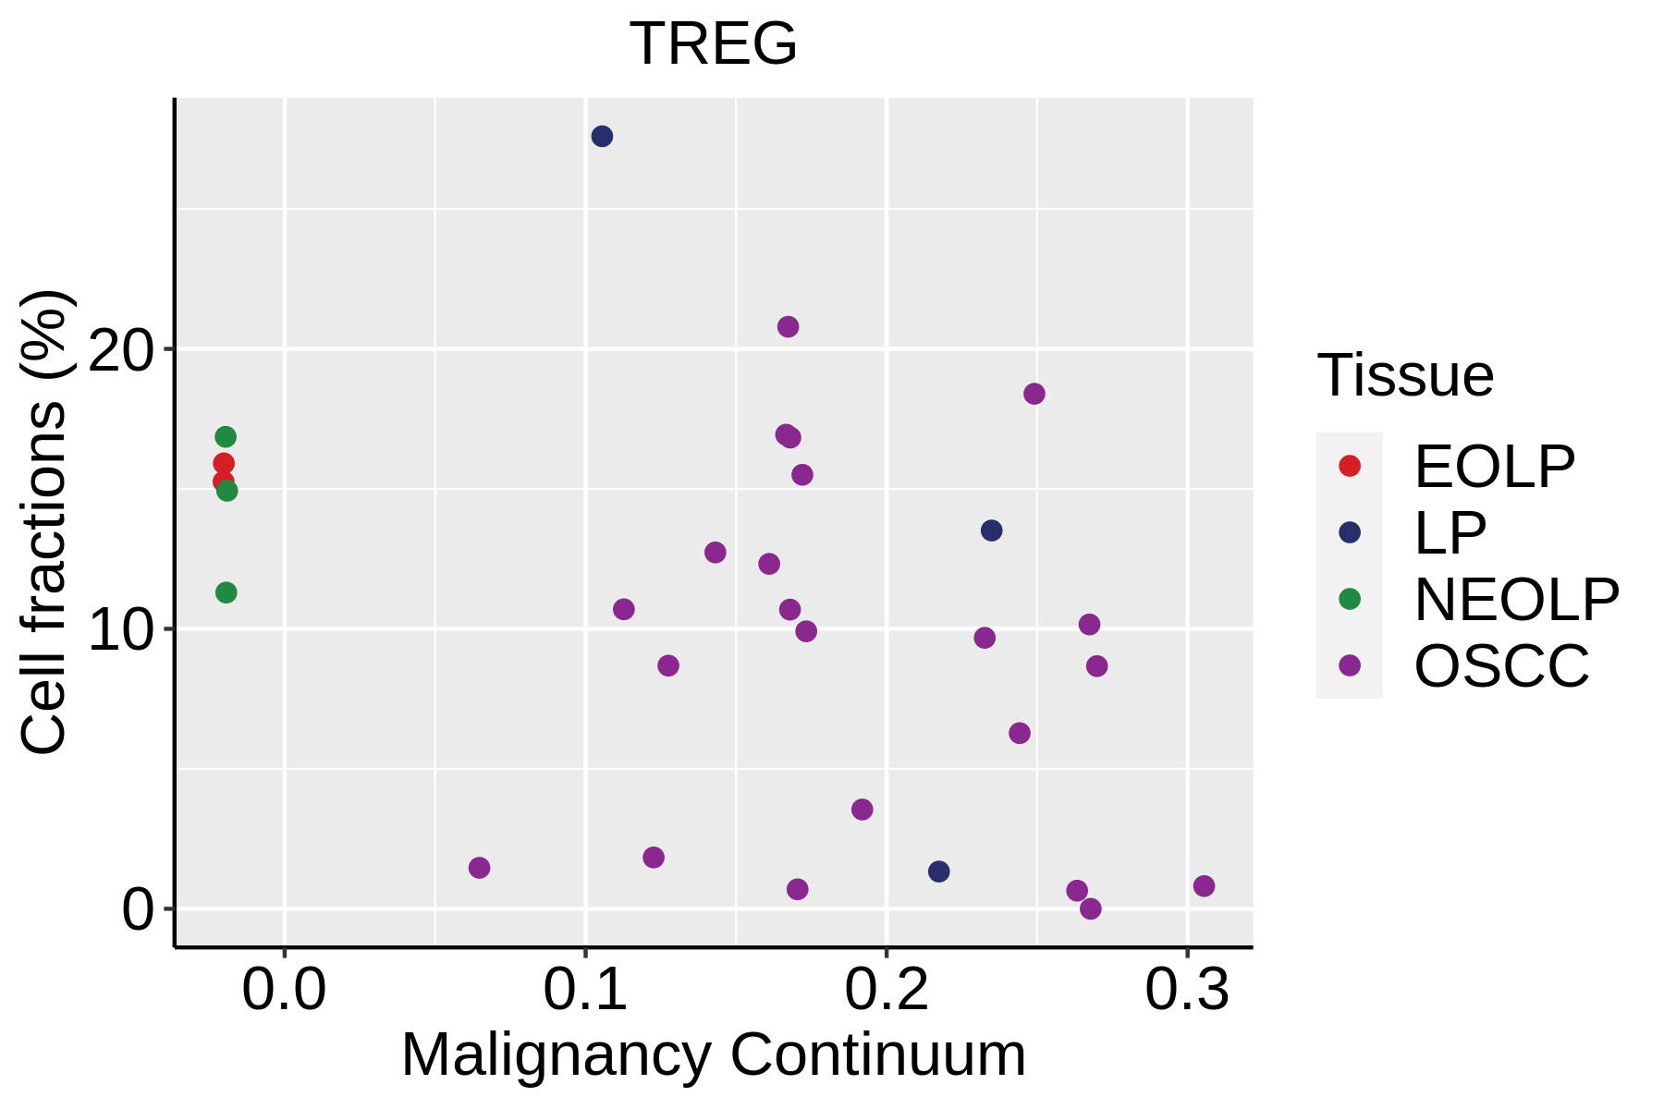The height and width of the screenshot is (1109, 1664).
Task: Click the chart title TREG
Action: pyautogui.click(x=713, y=43)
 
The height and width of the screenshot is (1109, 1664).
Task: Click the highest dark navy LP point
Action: pyautogui.click(x=602, y=137)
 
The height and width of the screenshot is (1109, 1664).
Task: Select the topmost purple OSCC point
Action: pyautogui.click(x=788, y=326)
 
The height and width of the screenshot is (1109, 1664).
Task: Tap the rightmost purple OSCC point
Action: pyautogui.click(x=1204, y=886)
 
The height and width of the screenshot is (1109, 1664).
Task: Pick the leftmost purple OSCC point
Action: pyautogui.click(x=479, y=868)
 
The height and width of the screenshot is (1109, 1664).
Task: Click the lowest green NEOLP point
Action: pyautogui.click(x=226, y=592)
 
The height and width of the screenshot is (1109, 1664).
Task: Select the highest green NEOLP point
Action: pyautogui.click(x=226, y=437)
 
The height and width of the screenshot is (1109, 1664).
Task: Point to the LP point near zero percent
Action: pyautogui.click(x=938, y=871)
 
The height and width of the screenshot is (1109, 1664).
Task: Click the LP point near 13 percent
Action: pyautogui.click(x=991, y=530)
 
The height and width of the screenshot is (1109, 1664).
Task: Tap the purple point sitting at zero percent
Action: pyautogui.click(x=1091, y=908)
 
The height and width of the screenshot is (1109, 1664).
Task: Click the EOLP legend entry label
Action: pyautogui.click(x=1494, y=467)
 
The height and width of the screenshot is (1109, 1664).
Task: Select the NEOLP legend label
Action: pyautogui.click(x=1516, y=599)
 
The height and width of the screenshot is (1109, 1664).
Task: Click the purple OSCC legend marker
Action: pyautogui.click(x=1350, y=665)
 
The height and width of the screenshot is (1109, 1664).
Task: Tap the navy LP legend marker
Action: pyautogui.click(x=1350, y=532)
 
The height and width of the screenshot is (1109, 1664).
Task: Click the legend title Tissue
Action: pyautogui.click(x=1405, y=375)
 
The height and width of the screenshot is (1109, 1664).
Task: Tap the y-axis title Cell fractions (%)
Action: pyautogui.click(x=44, y=522)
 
